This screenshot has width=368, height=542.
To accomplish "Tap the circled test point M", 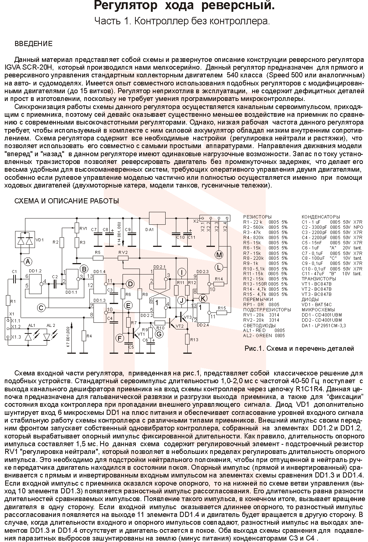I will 219,255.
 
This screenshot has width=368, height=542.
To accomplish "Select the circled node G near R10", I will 159,334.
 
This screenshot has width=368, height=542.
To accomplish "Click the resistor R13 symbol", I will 188,338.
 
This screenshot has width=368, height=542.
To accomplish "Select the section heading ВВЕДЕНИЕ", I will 33,44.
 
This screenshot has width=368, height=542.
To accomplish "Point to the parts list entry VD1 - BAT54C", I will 317,305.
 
